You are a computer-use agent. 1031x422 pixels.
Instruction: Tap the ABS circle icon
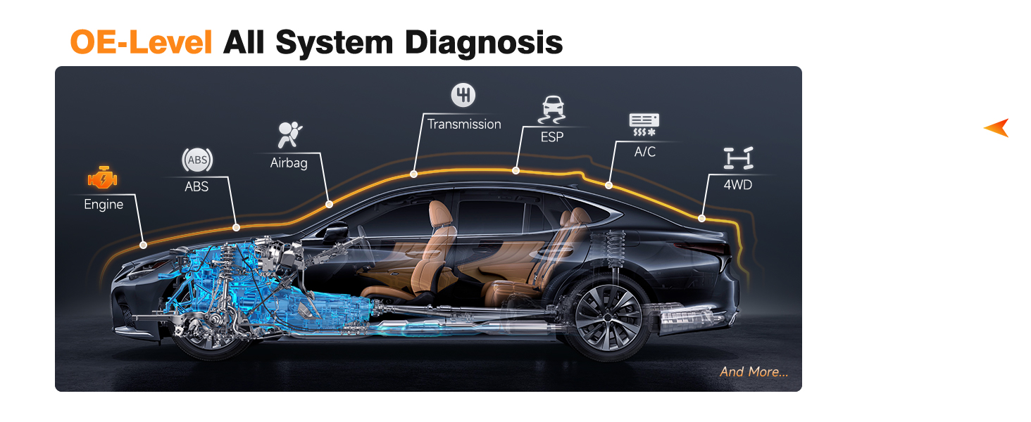[197, 160]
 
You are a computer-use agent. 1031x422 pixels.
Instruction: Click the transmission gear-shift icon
[463, 95]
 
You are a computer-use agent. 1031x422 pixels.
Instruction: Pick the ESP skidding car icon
[552, 110]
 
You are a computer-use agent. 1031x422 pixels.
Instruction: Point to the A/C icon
[644, 124]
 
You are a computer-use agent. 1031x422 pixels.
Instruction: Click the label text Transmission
[464, 124]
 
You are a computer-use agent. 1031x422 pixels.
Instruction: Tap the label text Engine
[104, 205]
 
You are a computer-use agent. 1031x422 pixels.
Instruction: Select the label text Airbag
[289, 163]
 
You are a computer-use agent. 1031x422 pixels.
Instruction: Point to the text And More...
[754, 371]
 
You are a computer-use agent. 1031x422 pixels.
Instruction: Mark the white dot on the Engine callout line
[144, 245]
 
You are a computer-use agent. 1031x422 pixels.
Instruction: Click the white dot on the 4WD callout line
[701, 218]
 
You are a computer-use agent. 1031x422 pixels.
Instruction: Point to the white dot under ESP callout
[516, 170]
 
